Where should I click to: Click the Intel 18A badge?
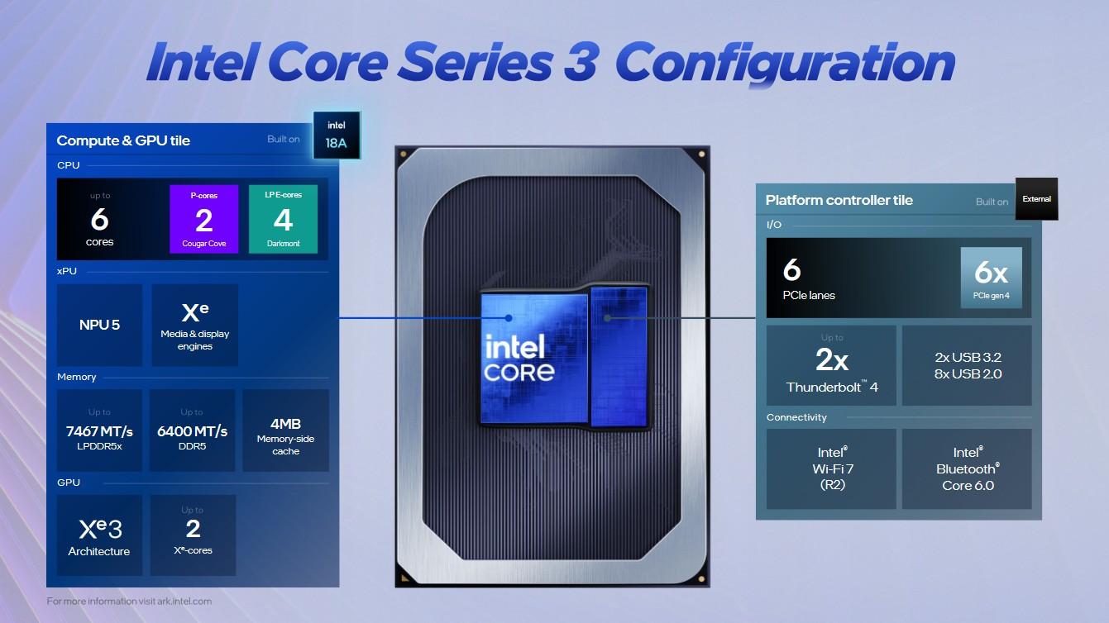coord(337,135)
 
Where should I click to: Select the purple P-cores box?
coord(203,219)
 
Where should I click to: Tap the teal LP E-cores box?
coord(283,219)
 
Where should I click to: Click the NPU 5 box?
coord(99,325)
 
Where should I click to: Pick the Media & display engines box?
coord(195,325)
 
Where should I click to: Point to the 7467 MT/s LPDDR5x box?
coord(99,430)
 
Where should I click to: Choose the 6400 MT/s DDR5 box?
coord(192,430)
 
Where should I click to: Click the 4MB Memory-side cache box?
coord(285,430)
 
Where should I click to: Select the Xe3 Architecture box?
coord(99,535)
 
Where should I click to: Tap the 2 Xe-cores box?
coord(193,535)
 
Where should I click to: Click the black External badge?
coord(1036,199)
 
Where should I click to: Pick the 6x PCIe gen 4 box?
coord(991,278)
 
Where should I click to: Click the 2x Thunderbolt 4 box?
coord(831,365)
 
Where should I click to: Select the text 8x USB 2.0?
coord(968,374)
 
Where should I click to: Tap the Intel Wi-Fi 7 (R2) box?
coord(831,468)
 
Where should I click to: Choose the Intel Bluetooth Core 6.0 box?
coord(967,468)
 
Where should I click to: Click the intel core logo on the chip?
coord(519,358)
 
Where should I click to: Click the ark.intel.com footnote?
coord(129,602)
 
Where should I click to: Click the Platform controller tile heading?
coord(839,200)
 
